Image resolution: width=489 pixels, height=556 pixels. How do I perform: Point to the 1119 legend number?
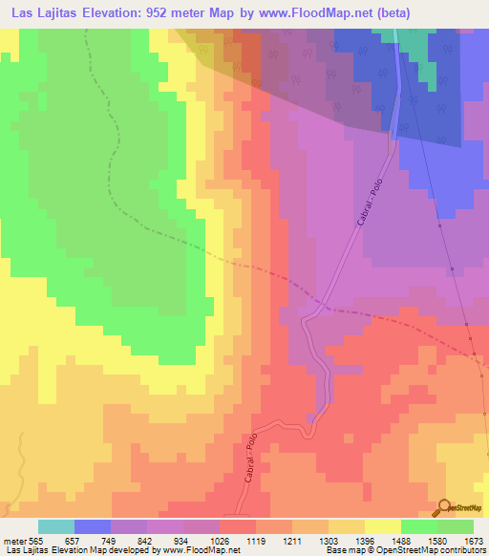(256, 540)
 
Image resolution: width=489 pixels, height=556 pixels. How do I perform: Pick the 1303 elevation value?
(329, 540)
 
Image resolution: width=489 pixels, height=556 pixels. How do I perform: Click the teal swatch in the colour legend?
(56, 526)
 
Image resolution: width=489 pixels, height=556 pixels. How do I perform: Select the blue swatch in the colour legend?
(93, 526)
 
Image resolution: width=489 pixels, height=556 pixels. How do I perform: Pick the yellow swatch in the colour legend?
(382, 526)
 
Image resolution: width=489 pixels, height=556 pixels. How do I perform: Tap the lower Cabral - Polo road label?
(251, 460)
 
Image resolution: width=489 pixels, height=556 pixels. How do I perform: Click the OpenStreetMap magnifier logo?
(445, 507)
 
